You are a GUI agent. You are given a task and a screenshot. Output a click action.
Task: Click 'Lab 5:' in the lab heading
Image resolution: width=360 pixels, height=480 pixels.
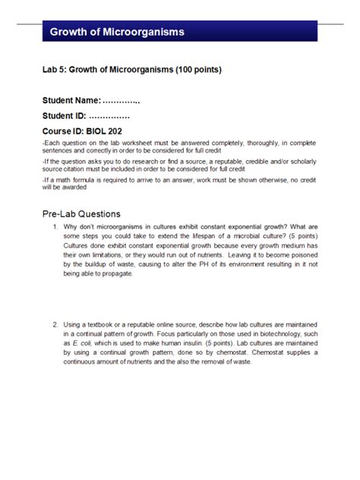(x=55, y=71)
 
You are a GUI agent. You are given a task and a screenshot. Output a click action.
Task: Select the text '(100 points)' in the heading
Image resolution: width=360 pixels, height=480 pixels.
(x=197, y=71)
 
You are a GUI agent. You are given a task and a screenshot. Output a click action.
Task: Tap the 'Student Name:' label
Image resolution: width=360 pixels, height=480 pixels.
(x=71, y=102)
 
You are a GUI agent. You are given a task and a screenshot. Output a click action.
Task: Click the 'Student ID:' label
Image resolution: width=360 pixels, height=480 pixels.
(x=64, y=116)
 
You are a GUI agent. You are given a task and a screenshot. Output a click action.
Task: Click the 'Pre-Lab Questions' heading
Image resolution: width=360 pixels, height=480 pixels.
(x=81, y=213)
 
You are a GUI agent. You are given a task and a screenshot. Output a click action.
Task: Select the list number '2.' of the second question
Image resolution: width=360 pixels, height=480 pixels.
(x=55, y=324)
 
